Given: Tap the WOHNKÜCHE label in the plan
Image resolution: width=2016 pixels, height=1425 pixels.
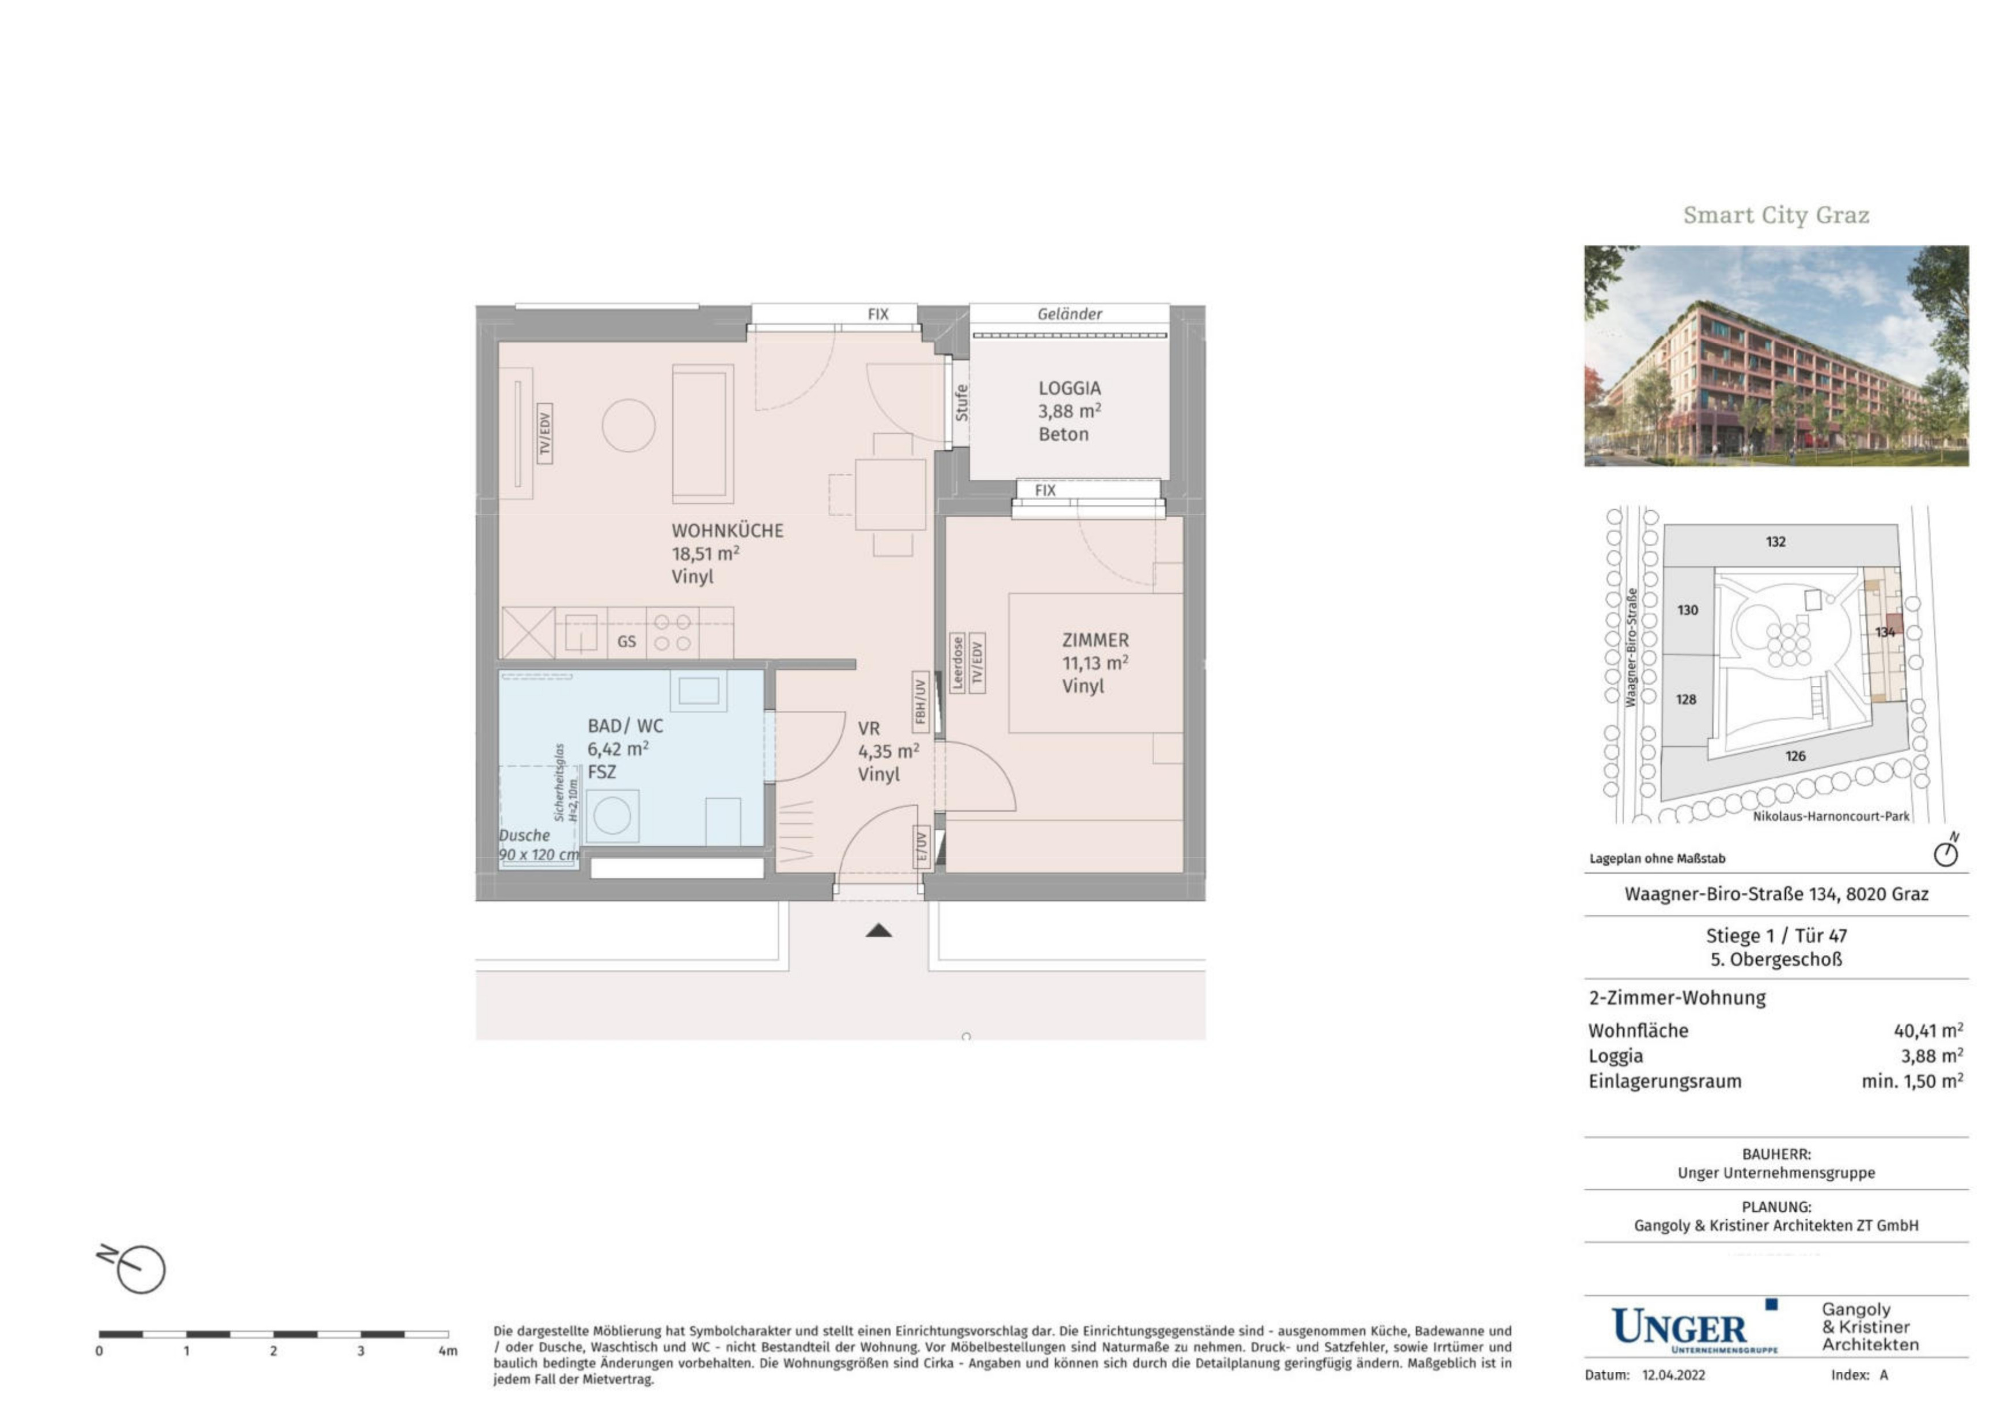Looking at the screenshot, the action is (x=727, y=530).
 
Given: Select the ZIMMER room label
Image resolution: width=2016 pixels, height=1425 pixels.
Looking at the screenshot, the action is (x=1095, y=640).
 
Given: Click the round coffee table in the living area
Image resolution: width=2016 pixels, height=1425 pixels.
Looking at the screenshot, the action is (x=628, y=426).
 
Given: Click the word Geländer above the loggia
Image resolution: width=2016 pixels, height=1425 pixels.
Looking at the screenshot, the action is (x=1070, y=313).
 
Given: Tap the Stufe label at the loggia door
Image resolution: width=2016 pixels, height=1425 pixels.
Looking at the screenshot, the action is (x=961, y=403).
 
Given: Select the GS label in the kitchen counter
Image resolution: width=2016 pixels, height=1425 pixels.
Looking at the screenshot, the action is (x=626, y=642).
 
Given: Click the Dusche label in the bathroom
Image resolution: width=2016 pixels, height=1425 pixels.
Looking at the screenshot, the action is (x=524, y=836).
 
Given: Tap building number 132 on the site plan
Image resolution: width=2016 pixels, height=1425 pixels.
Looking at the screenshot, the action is (x=1775, y=542).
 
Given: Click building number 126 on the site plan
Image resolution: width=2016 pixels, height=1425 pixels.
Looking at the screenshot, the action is (x=1795, y=756).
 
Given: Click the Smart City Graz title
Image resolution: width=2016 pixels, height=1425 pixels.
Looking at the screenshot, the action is (x=1775, y=215).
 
